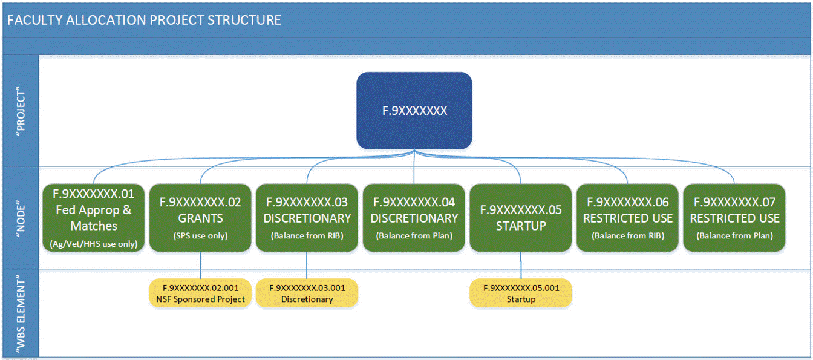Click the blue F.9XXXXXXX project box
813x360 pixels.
[414, 111]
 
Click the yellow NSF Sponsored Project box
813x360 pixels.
[200, 293]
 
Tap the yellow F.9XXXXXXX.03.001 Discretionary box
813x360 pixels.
[307, 293]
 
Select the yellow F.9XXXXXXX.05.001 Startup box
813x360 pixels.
[520, 293]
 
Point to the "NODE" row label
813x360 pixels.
[21, 218]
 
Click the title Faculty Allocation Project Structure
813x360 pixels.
[144, 20]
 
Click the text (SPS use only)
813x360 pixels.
[200, 236]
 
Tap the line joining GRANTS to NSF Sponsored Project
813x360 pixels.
[200, 265]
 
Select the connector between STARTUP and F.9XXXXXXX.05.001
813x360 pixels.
[520, 265]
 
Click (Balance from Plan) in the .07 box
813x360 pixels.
[734, 236]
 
